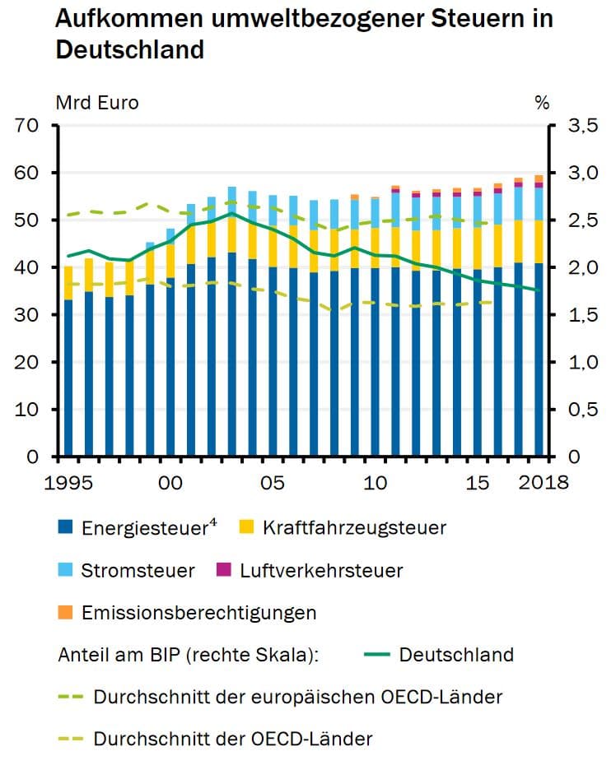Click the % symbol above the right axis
(x=542, y=103)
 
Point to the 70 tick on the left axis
(x=28, y=126)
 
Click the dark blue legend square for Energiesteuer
(x=66, y=527)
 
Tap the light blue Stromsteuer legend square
(x=66, y=570)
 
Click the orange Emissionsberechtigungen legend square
(x=66, y=613)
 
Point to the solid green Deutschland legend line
(x=374, y=655)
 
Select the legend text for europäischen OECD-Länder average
(x=297, y=698)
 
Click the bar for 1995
(x=68, y=378)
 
